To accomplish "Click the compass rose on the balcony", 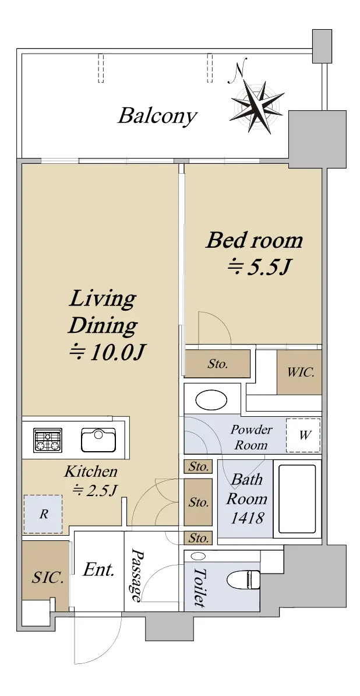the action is click(x=257, y=106).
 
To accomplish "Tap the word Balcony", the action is click(x=157, y=117).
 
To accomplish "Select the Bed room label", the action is click(x=255, y=240).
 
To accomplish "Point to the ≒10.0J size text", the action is click(x=107, y=353).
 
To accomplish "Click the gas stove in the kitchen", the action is click(x=48, y=440).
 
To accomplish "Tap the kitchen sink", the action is click(x=98, y=440).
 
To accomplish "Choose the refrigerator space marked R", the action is click(x=44, y=515).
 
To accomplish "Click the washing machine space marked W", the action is click(x=303, y=435).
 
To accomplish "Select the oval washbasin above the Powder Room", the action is click(x=212, y=399).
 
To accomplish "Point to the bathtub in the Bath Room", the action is click(x=297, y=500).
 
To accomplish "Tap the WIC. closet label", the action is click(x=301, y=372).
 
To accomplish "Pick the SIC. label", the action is click(x=48, y=578).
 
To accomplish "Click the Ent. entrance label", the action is click(x=99, y=570).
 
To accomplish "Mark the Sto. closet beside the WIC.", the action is click(x=218, y=364).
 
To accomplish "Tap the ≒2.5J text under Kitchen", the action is click(x=94, y=490).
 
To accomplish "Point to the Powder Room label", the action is click(x=251, y=437).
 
